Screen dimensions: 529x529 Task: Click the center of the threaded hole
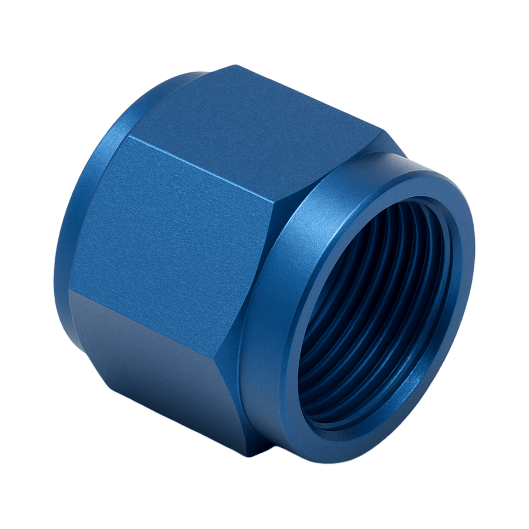click(x=376, y=312)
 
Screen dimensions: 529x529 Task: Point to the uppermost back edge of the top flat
click(x=235, y=66)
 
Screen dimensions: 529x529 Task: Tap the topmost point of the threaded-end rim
click(x=411, y=158)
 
